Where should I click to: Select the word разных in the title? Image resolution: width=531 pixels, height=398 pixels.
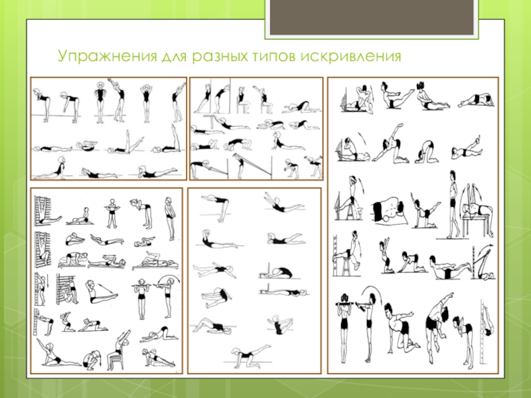tap(220, 56)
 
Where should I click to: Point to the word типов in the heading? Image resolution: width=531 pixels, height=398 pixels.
tap(273, 56)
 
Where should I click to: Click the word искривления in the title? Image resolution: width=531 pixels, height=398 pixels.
tap(350, 56)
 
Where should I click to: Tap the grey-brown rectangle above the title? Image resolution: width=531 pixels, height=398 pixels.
tap(372, 17)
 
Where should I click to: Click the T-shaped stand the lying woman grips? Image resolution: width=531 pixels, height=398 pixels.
tap(212, 119)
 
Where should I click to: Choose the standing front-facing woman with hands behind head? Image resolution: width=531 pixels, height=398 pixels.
tap(146, 103)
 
